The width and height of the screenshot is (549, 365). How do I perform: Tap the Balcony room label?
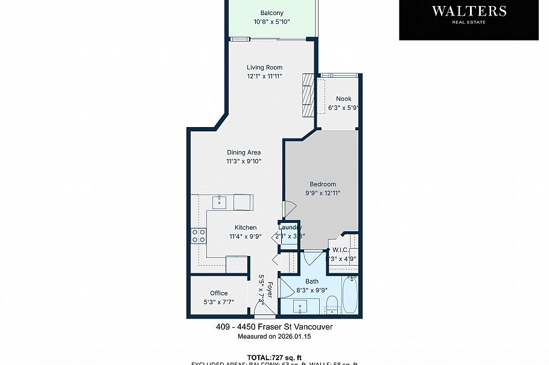[271, 13]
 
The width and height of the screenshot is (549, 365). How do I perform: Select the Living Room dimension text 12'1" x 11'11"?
[264, 76]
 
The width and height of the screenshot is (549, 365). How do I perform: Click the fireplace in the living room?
[308, 95]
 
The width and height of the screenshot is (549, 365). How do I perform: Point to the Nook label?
[343, 99]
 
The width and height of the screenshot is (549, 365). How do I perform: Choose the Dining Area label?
[244, 152]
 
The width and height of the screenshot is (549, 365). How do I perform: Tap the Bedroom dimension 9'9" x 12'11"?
[323, 193]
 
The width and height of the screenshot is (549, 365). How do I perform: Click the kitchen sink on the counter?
[221, 201]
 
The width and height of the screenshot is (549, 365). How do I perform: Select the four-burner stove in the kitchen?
[198, 236]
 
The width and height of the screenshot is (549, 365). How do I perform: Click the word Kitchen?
[246, 228]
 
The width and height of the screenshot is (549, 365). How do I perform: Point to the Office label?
[219, 293]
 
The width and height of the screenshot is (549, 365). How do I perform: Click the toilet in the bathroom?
[331, 304]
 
